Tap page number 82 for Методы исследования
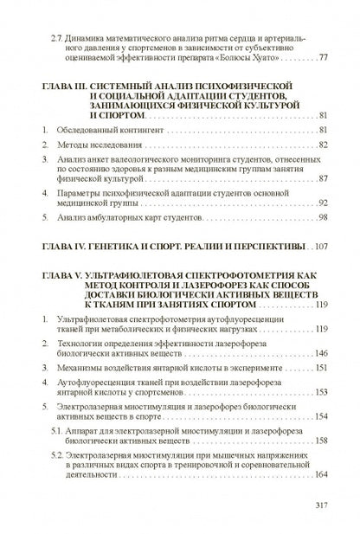tap(324, 144)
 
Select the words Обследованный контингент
tap(115, 129)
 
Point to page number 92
tap(324, 201)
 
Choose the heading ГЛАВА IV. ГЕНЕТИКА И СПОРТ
tap(112, 248)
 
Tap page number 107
tap(321, 248)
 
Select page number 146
tap(321, 352)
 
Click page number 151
tap(321, 367)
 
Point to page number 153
tap(321, 391)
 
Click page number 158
tap(321, 440)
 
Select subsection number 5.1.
tap(56, 429)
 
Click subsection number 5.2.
tap(56, 454)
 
